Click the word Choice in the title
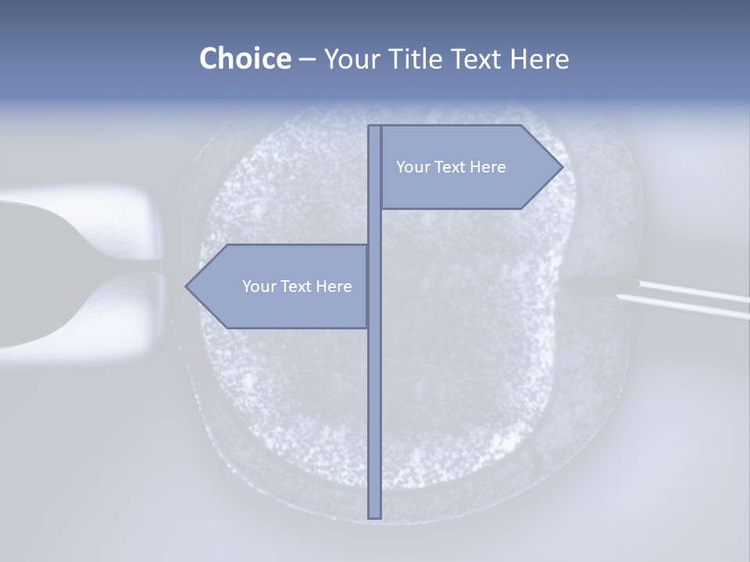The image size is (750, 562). click(x=245, y=59)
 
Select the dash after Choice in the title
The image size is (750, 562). click(x=307, y=59)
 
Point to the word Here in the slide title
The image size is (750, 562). click(x=540, y=59)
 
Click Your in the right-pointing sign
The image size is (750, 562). click(x=412, y=167)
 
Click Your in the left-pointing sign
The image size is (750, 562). click(x=258, y=286)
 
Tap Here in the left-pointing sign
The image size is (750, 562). click(x=334, y=286)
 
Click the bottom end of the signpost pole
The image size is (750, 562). click(x=374, y=516)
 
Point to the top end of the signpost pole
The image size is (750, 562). click(x=374, y=127)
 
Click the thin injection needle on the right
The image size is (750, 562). click(x=687, y=301)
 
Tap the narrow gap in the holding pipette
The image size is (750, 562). click(x=153, y=272)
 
